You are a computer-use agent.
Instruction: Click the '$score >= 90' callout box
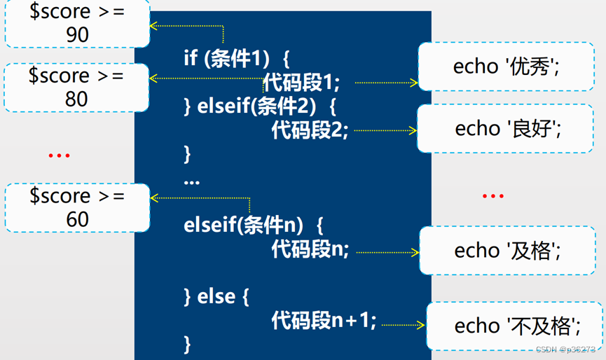76,23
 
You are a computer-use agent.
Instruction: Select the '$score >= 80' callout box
76,87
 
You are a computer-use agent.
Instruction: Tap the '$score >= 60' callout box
77,207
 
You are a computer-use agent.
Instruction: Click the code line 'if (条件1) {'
237,57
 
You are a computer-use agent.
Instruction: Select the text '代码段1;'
301,83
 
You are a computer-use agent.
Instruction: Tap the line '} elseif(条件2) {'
260,106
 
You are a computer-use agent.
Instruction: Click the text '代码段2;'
310,130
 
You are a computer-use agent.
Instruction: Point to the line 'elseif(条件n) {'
253,226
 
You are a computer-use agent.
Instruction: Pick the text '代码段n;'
310,249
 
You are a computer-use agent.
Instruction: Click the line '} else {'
216,296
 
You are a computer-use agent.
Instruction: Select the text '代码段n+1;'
324,321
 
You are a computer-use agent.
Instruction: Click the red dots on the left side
59,155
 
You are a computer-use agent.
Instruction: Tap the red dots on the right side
493,196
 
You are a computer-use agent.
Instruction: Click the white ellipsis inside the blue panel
191,181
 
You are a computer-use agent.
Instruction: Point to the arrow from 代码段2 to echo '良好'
385,130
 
